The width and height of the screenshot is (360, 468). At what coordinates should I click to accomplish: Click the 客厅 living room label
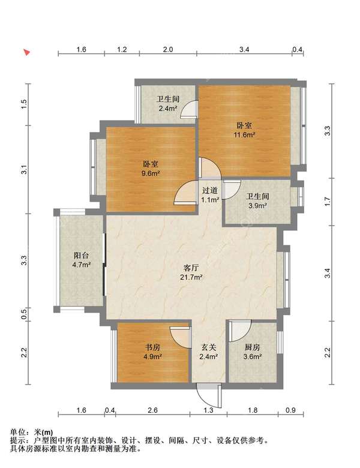click(x=191, y=268)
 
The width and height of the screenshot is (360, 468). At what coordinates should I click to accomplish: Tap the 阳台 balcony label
click(x=82, y=256)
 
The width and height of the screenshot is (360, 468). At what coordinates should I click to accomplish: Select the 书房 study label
click(x=153, y=347)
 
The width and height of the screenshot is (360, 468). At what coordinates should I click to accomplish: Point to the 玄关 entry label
click(x=208, y=347)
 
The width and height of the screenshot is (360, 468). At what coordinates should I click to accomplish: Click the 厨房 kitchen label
click(x=252, y=347)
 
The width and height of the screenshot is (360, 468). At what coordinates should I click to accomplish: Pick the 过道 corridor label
click(x=210, y=190)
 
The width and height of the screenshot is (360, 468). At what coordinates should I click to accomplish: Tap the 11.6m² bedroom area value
click(x=244, y=134)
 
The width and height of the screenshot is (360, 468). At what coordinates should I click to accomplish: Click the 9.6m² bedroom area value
click(x=151, y=173)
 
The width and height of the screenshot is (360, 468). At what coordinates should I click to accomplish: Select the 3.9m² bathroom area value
click(x=257, y=205)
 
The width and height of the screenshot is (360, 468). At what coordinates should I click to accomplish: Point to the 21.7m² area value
click(x=191, y=277)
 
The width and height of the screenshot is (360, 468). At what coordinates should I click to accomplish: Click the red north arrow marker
click(x=27, y=53)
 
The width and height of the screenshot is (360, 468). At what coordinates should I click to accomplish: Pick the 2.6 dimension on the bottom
click(x=152, y=410)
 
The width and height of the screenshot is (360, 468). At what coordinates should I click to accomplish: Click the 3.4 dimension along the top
click(x=244, y=50)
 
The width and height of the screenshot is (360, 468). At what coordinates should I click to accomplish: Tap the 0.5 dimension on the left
click(x=25, y=314)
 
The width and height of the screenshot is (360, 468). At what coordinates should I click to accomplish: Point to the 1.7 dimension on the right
click(x=328, y=202)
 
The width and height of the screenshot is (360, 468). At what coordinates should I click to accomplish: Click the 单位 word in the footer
click(x=17, y=432)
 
